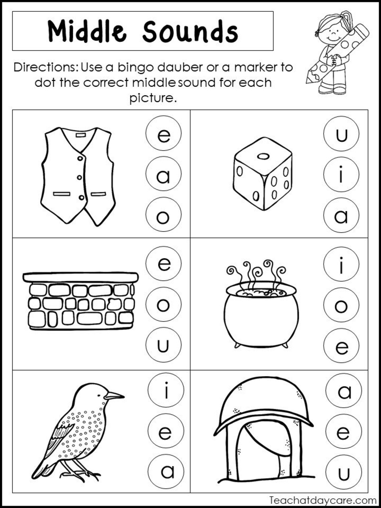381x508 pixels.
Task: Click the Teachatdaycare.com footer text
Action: (323, 500)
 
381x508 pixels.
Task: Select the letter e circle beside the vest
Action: (163, 133)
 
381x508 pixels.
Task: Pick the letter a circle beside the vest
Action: (163, 174)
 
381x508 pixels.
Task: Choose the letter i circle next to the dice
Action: (341, 174)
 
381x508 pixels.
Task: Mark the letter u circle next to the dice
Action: (341, 134)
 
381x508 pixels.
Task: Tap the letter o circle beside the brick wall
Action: (163, 304)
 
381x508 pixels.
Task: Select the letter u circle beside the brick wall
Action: (163, 345)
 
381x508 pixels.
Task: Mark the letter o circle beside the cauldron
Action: (341, 305)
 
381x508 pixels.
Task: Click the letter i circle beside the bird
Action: (166, 390)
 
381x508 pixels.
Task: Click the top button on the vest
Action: (80, 158)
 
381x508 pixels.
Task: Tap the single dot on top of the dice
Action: (263, 156)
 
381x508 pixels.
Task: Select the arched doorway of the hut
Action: (259, 448)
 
